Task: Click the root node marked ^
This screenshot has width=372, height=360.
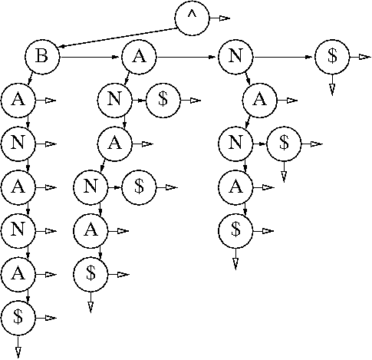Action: click(192, 18)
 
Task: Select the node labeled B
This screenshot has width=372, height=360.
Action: click(42, 57)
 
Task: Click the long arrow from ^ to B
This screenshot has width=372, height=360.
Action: click(117, 38)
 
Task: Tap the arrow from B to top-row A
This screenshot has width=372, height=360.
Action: click(90, 57)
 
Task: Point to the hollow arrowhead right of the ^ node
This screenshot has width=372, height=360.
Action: click(225, 18)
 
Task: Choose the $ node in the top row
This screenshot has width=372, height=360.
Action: click(332, 57)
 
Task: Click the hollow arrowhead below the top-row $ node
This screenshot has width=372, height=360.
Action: click(332, 89)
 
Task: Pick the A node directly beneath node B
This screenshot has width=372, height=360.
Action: click(18, 101)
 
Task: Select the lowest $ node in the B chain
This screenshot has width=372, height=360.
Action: click(18, 318)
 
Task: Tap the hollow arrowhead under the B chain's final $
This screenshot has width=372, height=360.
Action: click(18, 352)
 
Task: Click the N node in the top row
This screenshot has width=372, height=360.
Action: click(235, 57)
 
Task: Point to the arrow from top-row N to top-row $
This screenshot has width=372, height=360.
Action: click(283, 57)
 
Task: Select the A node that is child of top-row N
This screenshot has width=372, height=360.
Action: click(259, 101)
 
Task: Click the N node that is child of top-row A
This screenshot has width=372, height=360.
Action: click(114, 101)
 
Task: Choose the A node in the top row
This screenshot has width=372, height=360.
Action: click(139, 57)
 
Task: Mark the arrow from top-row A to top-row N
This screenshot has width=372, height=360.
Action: click(186, 57)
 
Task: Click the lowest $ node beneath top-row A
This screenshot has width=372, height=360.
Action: click(91, 274)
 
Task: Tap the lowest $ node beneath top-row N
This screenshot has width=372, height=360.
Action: click(235, 231)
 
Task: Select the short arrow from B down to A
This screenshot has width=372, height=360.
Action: click(30, 78)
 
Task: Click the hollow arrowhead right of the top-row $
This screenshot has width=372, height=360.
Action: click(365, 57)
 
